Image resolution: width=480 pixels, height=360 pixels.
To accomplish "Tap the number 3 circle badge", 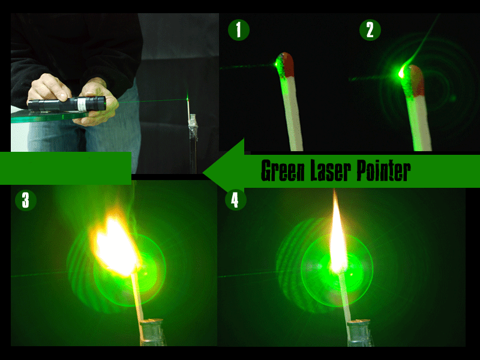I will click(x=25, y=200).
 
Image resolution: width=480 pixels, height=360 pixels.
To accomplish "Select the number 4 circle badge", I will click(x=235, y=200).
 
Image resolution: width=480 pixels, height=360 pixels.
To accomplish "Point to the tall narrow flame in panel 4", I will click(x=337, y=234).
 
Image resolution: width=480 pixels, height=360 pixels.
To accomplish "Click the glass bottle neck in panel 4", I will click(x=358, y=333).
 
